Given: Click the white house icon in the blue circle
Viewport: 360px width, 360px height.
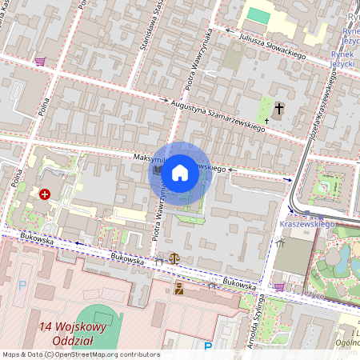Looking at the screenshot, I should coord(180,172).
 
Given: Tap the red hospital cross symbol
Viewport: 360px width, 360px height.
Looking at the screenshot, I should coord(46,194).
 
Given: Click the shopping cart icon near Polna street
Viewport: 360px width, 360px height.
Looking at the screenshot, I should coord(40,60).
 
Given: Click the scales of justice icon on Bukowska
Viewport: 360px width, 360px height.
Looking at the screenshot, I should coord(174,260).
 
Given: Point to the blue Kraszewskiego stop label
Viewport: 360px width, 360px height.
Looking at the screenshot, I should coord(306,225).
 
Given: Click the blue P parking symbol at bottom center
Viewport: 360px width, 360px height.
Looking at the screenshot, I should coord(208,346).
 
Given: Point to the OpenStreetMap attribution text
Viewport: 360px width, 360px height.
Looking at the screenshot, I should coord(80,354).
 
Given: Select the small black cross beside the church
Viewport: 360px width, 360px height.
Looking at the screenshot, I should coord(266,121).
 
